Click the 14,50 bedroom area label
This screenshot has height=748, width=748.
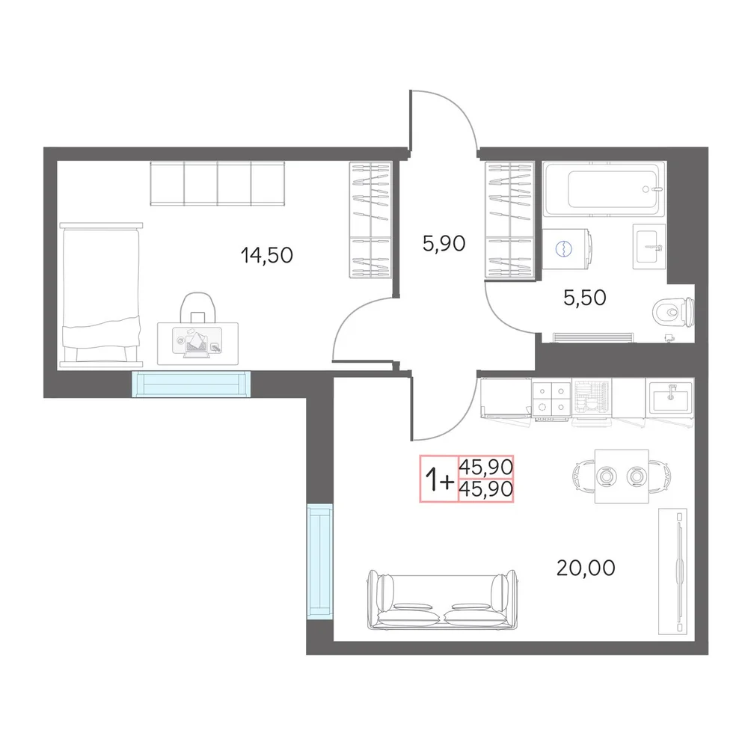click(x=267, y=255)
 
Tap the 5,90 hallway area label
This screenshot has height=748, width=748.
click(x=444, y=243)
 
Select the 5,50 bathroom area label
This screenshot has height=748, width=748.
click(x=584, y=298)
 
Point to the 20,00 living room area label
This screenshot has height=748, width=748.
click(x=586, y=568)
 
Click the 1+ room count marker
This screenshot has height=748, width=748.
click(x=439, y=479)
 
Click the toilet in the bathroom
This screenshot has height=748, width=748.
click(x=673, y=312)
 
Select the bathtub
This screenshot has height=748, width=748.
click(x=604, y=189)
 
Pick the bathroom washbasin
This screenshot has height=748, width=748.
click(x=649, y=246)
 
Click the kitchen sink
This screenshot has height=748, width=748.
click(x=671, y=396)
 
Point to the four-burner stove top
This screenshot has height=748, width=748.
click(x=551, y=399)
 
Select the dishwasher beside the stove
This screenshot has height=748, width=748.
click(x=592, y=399)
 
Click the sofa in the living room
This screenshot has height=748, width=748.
click(x=442, y=599)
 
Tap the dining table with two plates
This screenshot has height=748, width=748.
click(x=621, y=476)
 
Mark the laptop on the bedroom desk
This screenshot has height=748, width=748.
click(x=196, y=343)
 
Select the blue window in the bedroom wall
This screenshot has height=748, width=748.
click(x=191, y=384)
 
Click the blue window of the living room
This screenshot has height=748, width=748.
click(x=319, y=562)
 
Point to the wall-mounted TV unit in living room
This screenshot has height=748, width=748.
click(x=672, y=571)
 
